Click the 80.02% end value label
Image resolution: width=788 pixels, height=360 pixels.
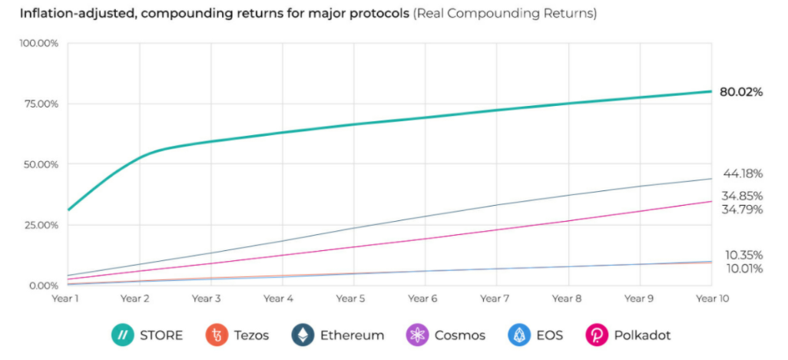[740, 92]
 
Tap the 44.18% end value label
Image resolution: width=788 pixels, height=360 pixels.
[743, 173]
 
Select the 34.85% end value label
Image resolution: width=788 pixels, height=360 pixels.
[742, 197]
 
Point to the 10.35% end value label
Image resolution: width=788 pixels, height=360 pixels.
[743, 255]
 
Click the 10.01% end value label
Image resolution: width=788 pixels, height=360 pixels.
[743, 269]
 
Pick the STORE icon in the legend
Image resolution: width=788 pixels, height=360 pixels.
[122, 335]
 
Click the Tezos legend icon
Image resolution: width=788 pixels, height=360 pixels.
[218, 335]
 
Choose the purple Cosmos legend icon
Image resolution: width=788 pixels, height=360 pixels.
[416, 335]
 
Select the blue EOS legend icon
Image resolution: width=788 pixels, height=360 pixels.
[518, 335]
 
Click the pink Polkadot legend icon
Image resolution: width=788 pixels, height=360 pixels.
[596, 335]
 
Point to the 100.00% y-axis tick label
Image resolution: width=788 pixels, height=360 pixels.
[38, 43]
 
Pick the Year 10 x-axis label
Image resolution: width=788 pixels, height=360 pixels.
[712, 299]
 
